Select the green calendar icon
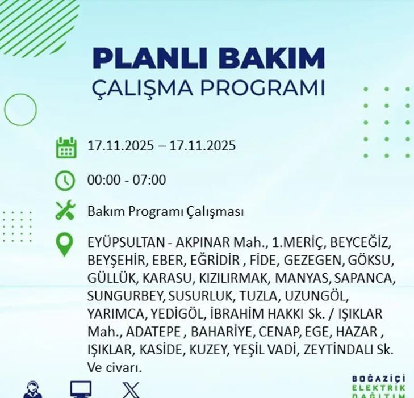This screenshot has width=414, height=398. (66, 147)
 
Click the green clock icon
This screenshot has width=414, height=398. (65, 181)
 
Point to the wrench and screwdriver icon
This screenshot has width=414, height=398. (65, 211)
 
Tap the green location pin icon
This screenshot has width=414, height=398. (65, 245)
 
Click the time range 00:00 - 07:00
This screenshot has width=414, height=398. (127, 181)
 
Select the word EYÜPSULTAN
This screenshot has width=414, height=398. (124, 243)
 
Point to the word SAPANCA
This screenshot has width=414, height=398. (365, 279)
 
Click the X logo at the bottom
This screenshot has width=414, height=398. (131, 391)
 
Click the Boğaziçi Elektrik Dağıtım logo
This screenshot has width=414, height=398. (379, 386)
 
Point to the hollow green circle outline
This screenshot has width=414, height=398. (20, 109)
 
